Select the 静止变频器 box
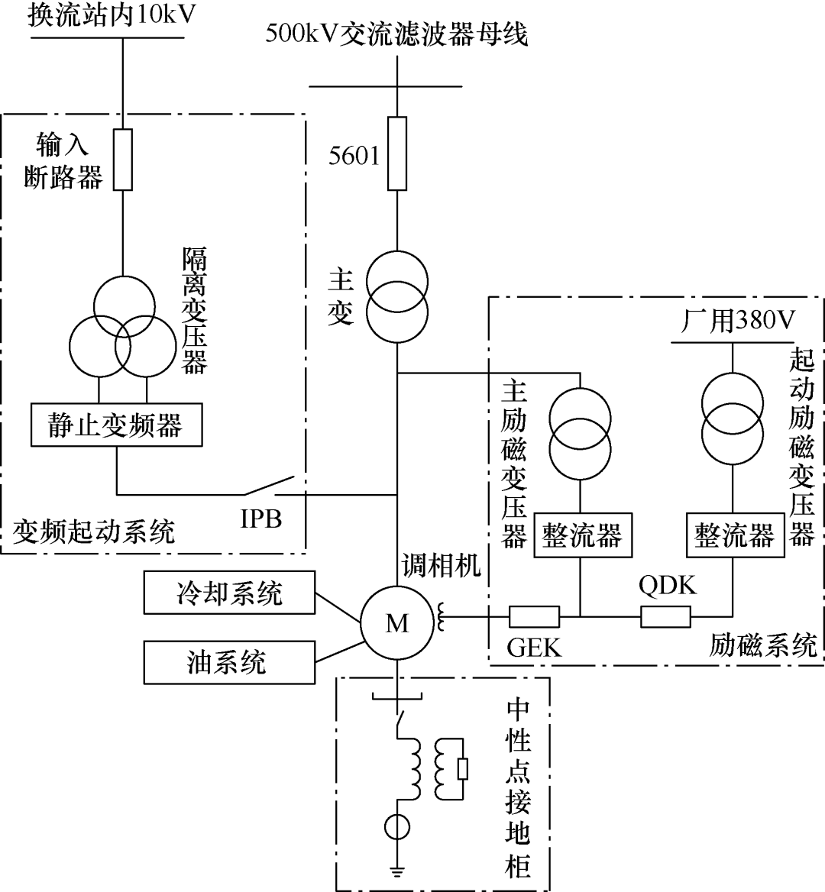[x=116, y=425]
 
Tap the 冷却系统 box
[x=229, y=593]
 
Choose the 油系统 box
[x=229, y=661]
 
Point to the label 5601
[x=354, y=156]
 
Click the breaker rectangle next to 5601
[x=397, y=153]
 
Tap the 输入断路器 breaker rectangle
[x=122, y=159]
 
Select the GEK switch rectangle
[x=534, y=616]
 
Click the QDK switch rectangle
[x=665, y=616]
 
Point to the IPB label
[x=261, y=520]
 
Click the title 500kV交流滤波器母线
[x=396, y=33]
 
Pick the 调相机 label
[x=442, y=564]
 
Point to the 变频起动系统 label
[x=94, y=531]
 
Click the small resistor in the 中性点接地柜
[x=462, y=769]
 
